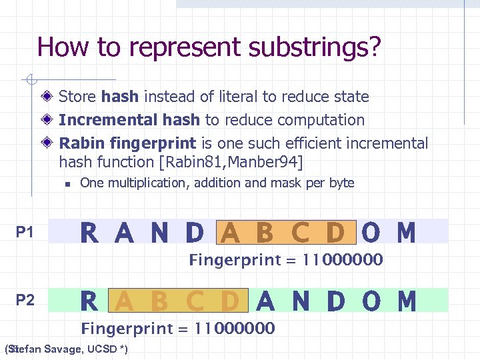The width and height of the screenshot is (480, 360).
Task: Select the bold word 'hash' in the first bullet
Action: [x=120, y=97]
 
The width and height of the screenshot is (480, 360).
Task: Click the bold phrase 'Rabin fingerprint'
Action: [x=127, y=143]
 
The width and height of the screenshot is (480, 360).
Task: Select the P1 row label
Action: [x=25, y=232]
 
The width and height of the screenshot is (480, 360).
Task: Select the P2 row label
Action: [x=25, y=300]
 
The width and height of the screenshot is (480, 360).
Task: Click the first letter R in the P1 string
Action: [x=89, y=233]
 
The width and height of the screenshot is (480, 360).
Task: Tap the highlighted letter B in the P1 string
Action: [x=265, y=233]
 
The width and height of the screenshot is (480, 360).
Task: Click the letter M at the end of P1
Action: [x=406, y=233]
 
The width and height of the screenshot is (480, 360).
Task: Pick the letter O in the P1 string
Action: [x=371, y=233]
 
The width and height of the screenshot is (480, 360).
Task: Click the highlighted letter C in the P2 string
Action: [x=195, y=302]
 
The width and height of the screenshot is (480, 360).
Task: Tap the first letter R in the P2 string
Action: [x=89, y=302]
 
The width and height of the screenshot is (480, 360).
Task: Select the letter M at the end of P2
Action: [x=406, y=302]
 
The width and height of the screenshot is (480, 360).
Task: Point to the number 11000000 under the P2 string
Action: [x=235, y=328]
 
